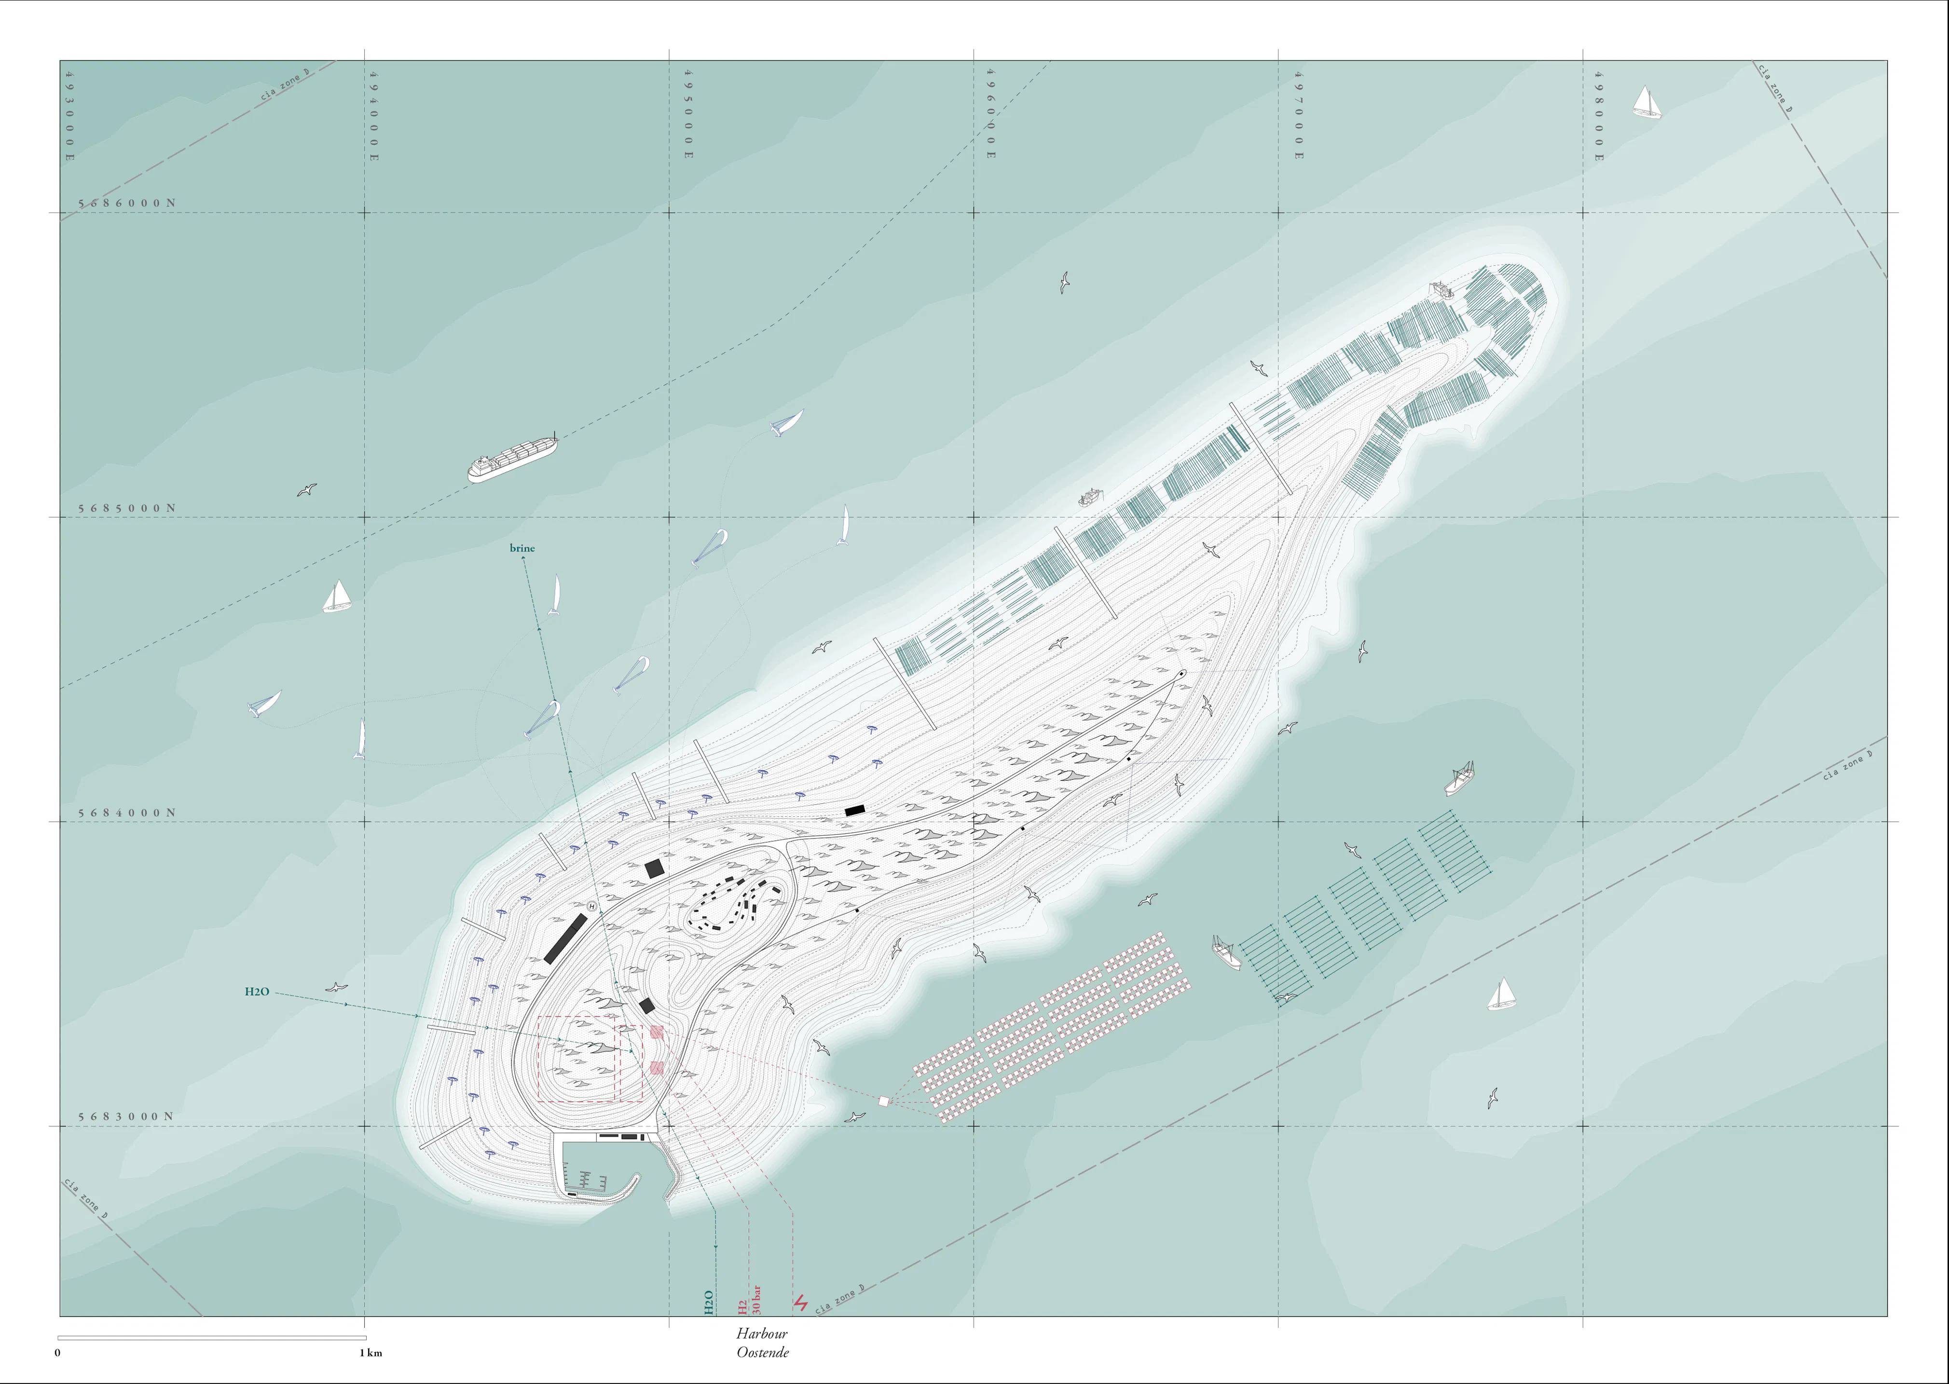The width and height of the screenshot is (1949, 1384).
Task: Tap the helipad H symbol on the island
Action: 591,906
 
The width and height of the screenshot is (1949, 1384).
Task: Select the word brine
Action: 522,548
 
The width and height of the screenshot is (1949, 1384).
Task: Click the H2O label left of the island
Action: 257,991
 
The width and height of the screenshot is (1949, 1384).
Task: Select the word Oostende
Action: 762,1353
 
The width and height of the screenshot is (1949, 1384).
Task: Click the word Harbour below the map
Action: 761,1334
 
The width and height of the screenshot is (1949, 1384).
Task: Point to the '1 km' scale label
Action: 370,1353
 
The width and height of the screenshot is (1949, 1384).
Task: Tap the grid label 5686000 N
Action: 127,204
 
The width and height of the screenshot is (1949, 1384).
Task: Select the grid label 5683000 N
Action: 126,1116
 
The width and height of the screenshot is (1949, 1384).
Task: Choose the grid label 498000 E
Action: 1599,115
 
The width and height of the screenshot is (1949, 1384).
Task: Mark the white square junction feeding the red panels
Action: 883,1101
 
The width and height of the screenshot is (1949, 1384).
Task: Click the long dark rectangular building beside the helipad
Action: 565,938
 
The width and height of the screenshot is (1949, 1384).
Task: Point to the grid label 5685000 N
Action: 127,508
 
